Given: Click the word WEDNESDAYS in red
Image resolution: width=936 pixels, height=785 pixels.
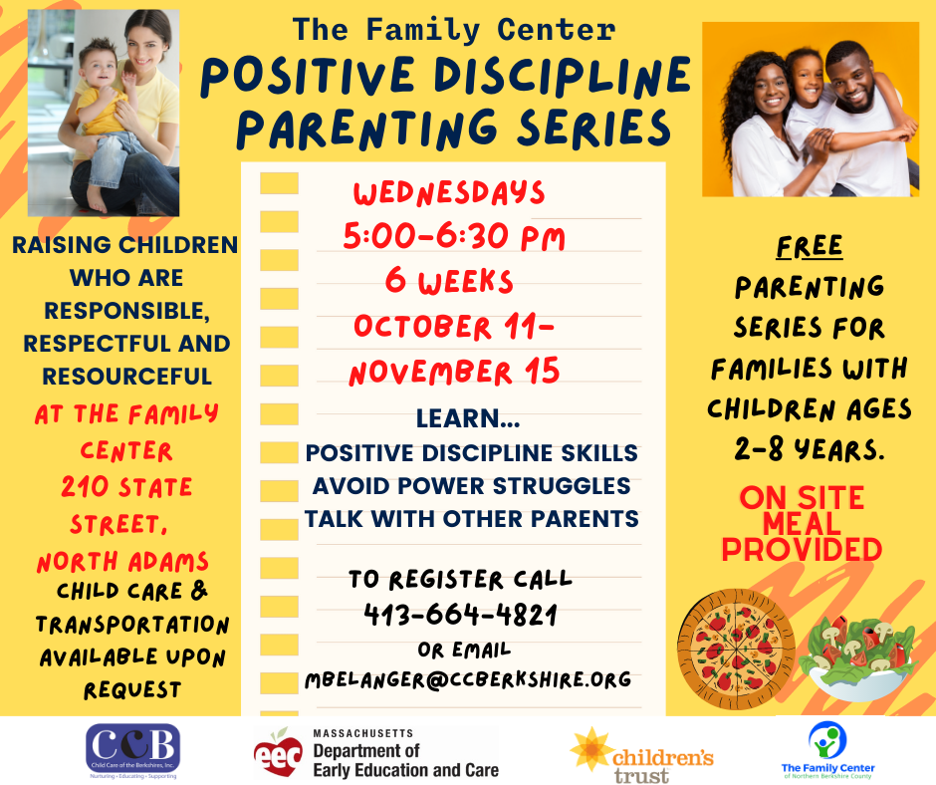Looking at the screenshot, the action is click(449, 193).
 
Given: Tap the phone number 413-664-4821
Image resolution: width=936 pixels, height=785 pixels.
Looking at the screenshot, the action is click(460, 614).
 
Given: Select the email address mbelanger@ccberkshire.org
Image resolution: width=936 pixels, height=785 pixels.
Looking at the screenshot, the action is click(468, 679).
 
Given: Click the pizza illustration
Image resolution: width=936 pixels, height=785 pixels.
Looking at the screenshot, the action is click(736, 649).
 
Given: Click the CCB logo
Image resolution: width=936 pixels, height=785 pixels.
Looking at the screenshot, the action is click(133, 750).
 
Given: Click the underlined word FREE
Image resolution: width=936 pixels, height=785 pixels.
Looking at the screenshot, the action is click(810, 246).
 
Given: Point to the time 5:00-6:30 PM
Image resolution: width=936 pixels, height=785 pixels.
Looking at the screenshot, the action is click(454, 236).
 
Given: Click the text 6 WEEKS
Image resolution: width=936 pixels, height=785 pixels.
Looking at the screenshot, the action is click(449, 281).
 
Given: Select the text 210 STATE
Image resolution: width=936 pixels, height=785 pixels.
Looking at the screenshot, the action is click(126, 487).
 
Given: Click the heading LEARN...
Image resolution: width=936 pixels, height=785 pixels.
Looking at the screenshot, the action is click(468, 418).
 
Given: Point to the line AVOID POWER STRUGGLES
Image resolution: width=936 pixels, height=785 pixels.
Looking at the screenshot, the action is click(472, 486).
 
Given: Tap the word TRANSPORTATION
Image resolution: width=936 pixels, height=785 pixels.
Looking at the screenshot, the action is click(131, 625).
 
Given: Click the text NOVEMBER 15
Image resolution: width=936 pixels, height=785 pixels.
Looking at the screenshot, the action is click(454, 373).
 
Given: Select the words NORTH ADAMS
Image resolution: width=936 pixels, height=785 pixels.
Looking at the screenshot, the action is click(122, 562).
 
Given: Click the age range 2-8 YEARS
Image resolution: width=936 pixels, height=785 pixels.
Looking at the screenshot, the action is click(810, 450).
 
